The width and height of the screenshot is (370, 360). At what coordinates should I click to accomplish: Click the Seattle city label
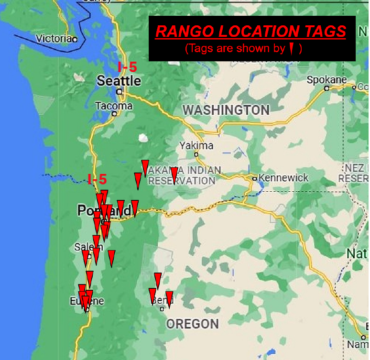119,80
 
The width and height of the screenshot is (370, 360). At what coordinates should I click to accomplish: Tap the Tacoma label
114,106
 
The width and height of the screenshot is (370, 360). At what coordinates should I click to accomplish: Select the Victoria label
54,38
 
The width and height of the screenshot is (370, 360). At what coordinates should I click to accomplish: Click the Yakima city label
196,145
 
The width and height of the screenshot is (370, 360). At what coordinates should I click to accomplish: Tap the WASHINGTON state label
226,110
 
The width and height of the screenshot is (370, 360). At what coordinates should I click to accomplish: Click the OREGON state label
193,324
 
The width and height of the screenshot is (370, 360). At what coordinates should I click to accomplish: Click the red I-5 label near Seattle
127,67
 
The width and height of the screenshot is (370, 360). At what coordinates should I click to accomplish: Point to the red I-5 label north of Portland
97,179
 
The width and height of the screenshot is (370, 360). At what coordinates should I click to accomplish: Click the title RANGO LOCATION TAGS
251,32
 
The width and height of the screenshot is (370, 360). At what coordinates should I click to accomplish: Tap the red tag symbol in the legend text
291,48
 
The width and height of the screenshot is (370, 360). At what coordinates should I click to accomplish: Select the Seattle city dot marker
120,91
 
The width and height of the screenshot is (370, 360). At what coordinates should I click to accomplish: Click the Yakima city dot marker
196,154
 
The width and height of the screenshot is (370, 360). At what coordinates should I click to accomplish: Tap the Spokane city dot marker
326,88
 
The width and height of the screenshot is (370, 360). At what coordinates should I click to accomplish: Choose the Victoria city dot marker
75,39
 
